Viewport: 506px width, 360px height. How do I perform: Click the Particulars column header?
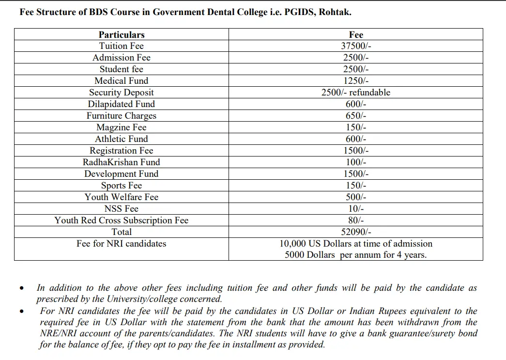pyautogui.click(x=122, y=34)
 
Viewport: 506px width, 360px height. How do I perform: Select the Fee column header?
pyautogui.click(x=356, y=34)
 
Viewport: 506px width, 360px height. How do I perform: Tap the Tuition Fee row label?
pyautogui.click(x=122, y=46)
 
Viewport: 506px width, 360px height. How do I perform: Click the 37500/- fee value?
pyautogui.click(x=356, y=46)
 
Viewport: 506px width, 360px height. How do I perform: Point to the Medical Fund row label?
pyautogui.click(x=122, y=81)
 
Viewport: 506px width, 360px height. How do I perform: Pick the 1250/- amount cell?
pyautogui.click(x=356, y=81)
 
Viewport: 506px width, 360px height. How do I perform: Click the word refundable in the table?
pyautogui.click(x=370, y=93)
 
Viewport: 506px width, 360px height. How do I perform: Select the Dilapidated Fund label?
pyautogui.click(x=122, y=104)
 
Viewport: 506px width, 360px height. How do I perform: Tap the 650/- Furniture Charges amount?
pyautogui.click(x=356, y=116)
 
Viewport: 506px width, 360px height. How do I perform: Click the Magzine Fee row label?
pyautogui.click(x=122, y=127)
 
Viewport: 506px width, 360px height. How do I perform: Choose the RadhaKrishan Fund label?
pyautogui.click(x=122, y=162)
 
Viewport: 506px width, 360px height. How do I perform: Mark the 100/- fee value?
pyautogui.click(x=356, y=162)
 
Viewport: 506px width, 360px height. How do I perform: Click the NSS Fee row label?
pyautogui.click(x=122, y=209)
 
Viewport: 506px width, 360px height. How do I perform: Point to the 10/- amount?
pyautogui.click(x=356, y=209)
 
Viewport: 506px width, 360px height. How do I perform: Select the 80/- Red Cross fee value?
pyautogui.click(x=356, y=220)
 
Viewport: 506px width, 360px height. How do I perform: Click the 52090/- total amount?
pyautogui.click(x=356, y=232)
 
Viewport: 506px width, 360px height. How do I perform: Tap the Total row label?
pyautogui.click(x=122, y=232)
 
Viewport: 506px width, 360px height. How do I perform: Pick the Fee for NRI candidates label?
pyautogui.click(x=122, y=244)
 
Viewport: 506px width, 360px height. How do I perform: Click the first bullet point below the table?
pyautogui.click(x=22, y=289)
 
